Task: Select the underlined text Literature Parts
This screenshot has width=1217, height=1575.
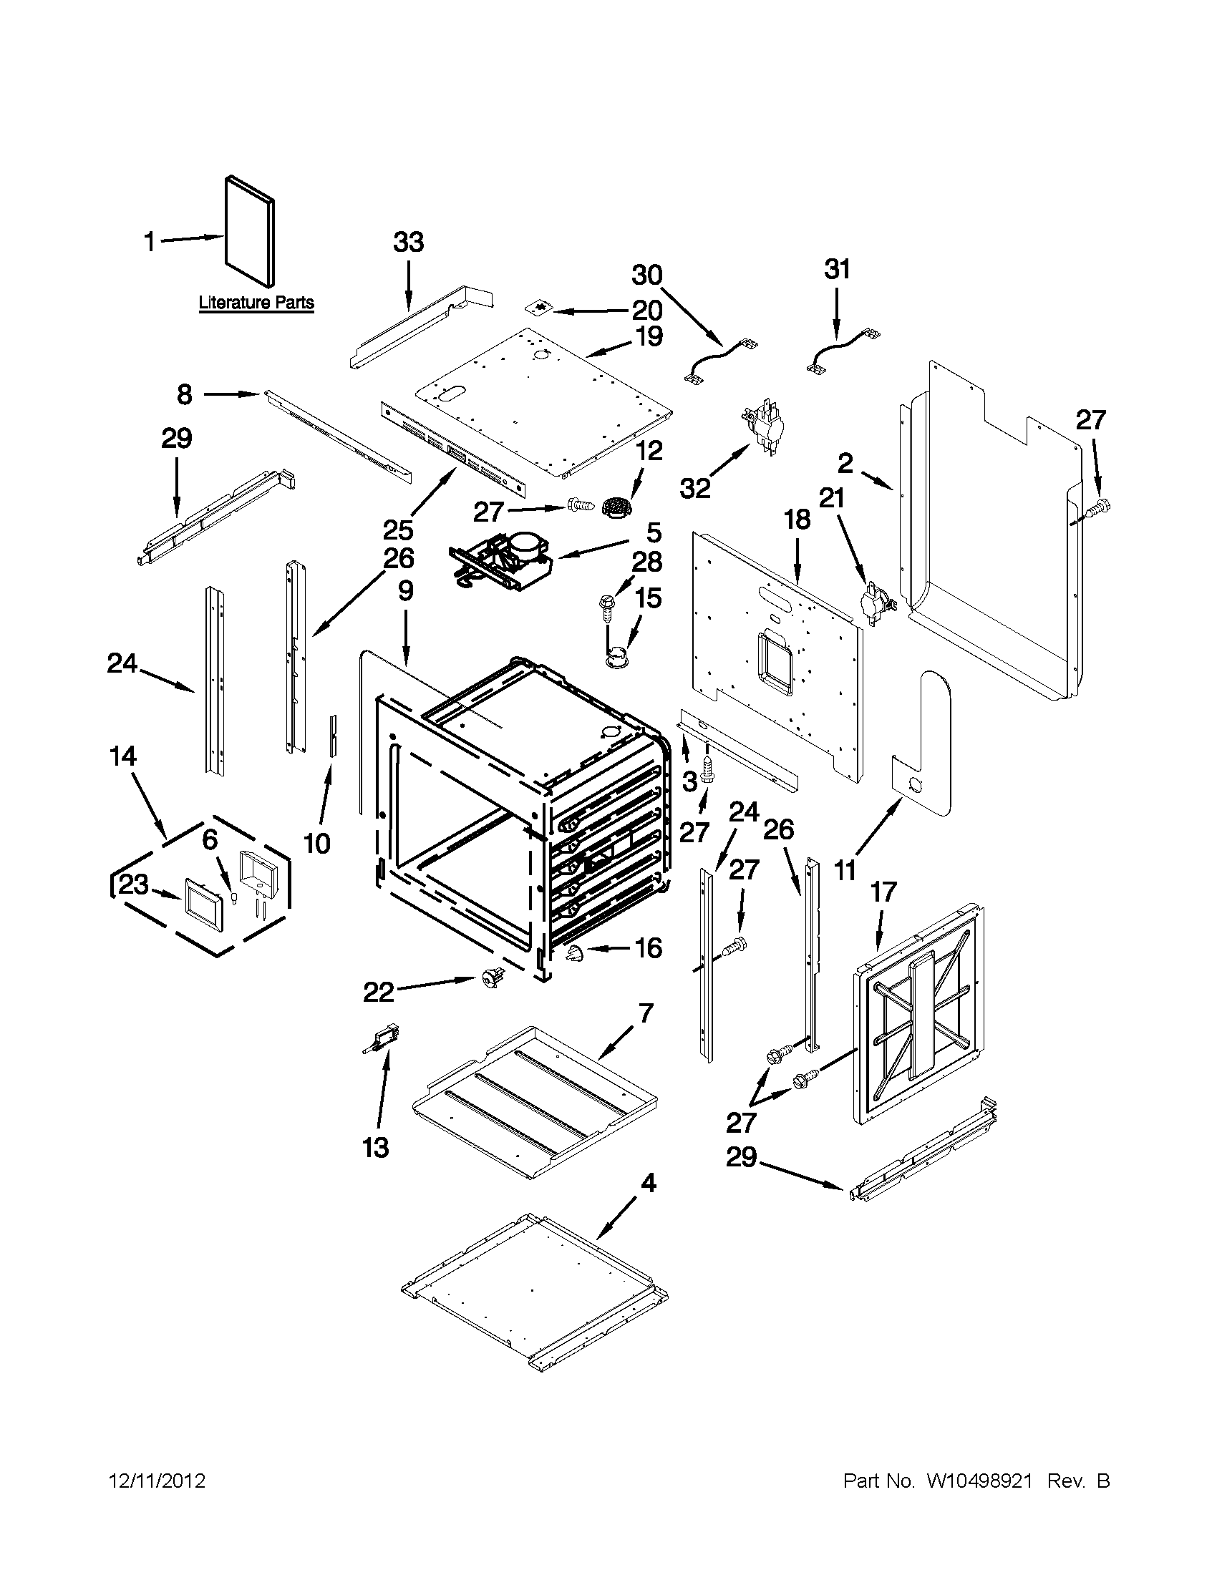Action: (256, 303)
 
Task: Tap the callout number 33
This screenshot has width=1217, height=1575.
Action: (408, 243)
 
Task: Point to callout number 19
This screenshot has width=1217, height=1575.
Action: (650, 336)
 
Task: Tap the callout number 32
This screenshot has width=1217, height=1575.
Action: (695, 488)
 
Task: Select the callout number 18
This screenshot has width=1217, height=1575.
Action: (797, 520)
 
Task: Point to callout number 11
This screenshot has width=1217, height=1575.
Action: (845, 870)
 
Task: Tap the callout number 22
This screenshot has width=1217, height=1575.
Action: (379, 993)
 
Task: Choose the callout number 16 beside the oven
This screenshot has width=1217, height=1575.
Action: (649, 947)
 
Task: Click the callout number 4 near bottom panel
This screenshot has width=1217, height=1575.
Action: (649, 1183)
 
